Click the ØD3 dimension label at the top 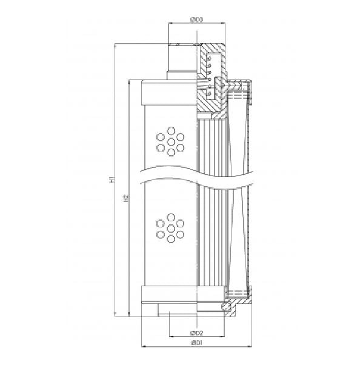196,19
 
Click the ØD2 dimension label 196,333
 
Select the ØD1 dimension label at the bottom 196,344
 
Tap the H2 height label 125,198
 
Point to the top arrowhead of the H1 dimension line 115,45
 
